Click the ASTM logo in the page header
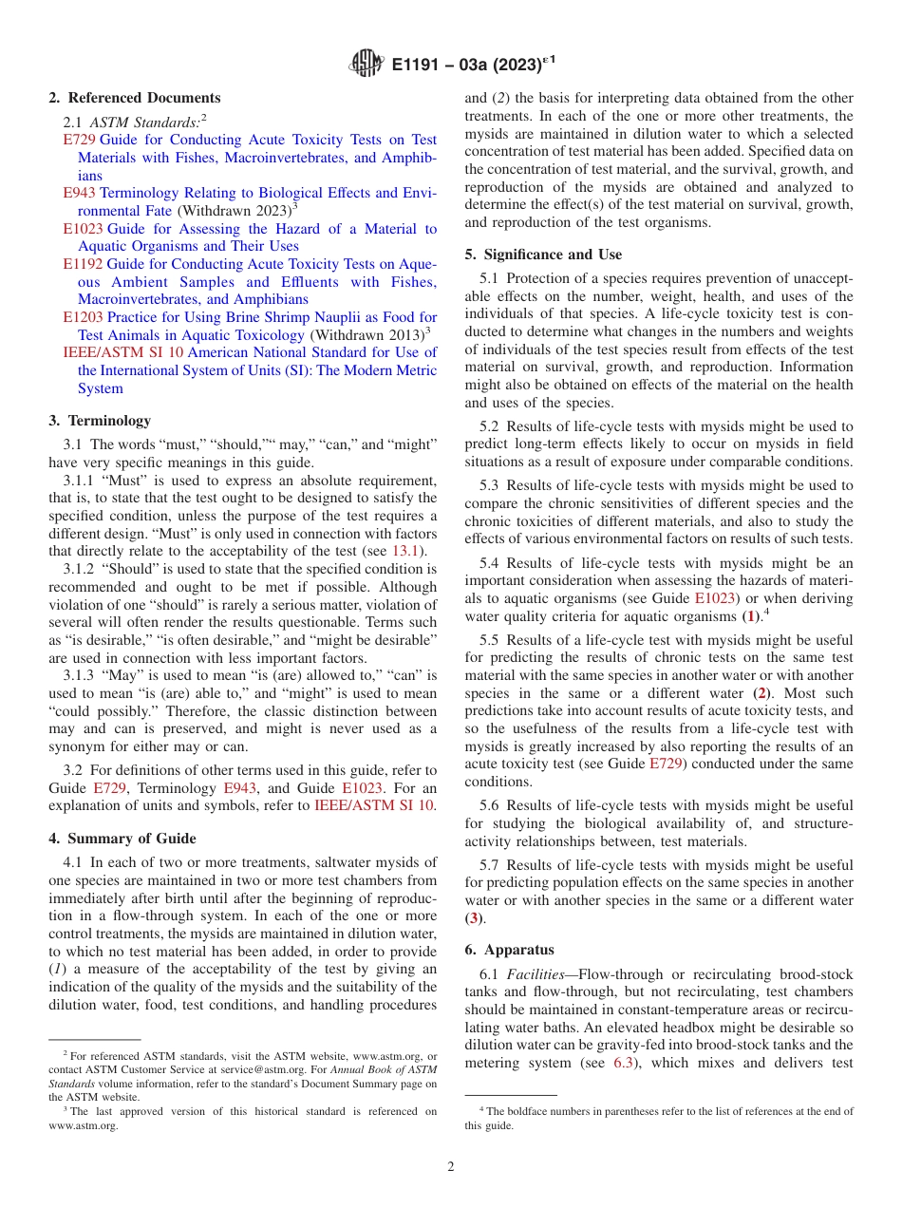coord(366,64)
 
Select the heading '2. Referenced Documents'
coord(134,98)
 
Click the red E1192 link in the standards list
coord(83,265)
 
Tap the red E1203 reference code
coord(83,318)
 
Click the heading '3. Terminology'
coord(99,421)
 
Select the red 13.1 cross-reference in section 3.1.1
coord(407,551)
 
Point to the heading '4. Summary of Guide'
coord(122,839)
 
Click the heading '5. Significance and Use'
coord(543,255)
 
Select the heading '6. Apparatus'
coord(509,950)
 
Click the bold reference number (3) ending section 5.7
coord(474,918)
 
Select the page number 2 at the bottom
coord(450,1167)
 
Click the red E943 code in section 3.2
coord(238,788)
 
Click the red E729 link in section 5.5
coord(665,764)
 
